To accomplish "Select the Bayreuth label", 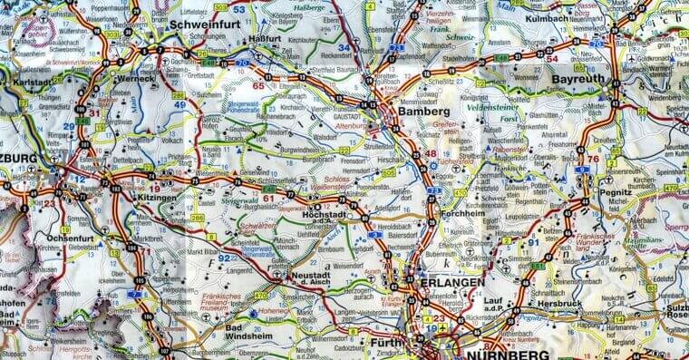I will tap(577, 80).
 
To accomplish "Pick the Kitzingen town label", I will tap(152, 197).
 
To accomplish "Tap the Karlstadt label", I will tap(34, 82).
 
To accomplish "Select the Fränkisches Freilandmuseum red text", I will tap(218, 301).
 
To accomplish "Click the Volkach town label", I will tap(173, 141).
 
